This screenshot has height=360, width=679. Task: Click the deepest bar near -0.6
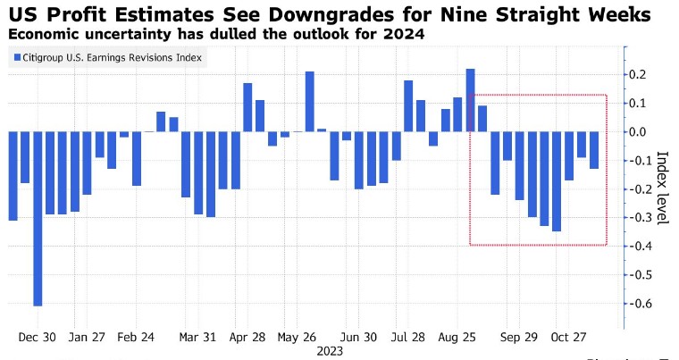tap(38, 219)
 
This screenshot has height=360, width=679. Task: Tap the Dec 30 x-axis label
tap(38, 338)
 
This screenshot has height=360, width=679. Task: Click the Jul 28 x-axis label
tap(408, 338)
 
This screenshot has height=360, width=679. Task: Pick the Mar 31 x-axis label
tap(197, 338)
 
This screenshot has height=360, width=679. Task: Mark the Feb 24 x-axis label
tap(136, 338)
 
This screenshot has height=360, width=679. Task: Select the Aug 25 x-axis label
tap(457, 338)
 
